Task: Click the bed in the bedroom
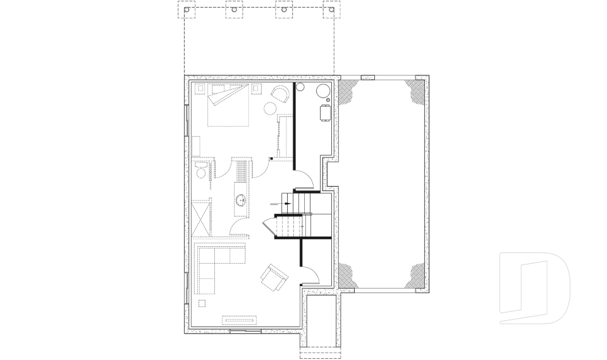pos(227,106)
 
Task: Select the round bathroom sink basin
pos(242,202)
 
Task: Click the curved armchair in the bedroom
pos(279,94)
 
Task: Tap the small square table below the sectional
pos(202,303)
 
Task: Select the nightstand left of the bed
pos(200,89)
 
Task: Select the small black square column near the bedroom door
pos(271,158)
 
